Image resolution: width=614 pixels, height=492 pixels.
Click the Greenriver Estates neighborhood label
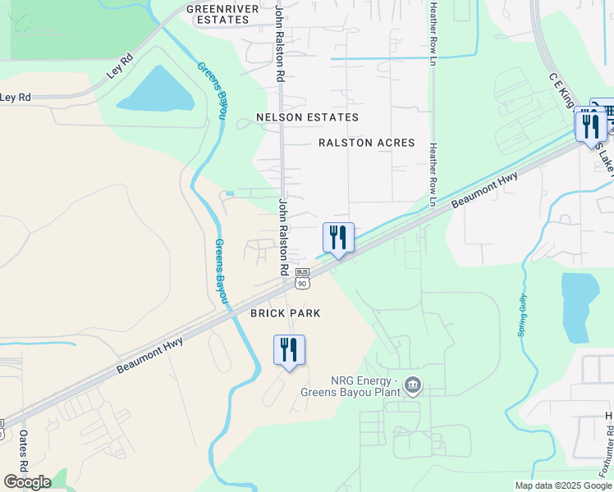(x=217, y=14)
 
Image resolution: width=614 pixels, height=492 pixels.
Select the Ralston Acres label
(x=366, y=143)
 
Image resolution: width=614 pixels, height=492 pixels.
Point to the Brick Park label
(x=285, y=313)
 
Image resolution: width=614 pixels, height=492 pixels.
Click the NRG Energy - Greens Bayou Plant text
(x=364, y=386)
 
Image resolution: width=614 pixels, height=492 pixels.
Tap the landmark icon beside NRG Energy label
(x=413, y=384)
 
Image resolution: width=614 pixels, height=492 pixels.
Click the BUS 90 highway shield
(x=302, y=279)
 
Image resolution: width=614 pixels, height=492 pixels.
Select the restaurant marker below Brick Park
(x=289, y=350)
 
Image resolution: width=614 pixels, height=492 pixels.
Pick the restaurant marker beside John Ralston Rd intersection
(x=338, y=239)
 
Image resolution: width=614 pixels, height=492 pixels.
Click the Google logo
(x=27, y=482)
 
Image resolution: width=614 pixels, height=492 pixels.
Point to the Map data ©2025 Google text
(x=562, y=485)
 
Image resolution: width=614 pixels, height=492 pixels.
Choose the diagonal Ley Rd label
(x=119, y=66)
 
